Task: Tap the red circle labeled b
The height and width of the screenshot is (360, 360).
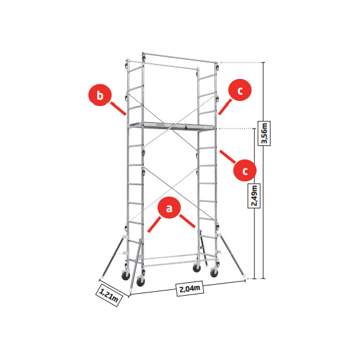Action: tap(100, 94)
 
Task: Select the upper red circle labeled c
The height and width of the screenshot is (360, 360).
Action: tap(240, 90)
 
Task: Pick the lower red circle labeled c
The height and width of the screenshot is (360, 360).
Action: tap(245, 170)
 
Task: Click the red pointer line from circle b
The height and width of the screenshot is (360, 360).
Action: tap(118, 109)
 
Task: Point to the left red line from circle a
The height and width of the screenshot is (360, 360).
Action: tap(154, 224)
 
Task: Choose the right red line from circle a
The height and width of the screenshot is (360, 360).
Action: tap(187, 221)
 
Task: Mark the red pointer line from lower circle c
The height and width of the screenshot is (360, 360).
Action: tap(228, 157)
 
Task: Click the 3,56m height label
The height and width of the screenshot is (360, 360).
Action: tap(264, 134)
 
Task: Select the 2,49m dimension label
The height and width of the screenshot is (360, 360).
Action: tap(254, 195)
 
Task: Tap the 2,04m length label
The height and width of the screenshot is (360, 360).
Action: tap(190, 288)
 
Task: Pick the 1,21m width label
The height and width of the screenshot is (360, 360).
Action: tap(109, 295)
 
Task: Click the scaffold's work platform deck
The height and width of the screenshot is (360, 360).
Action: tap(172, 126)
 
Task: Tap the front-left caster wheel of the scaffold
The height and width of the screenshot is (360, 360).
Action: tap(140, 281)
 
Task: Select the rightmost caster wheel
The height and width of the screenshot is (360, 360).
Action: tap(214, 273)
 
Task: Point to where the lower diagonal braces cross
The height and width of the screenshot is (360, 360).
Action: tap(170, 188)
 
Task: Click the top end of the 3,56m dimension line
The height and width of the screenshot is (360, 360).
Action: tap(263, 62)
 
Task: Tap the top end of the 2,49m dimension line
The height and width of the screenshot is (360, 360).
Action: tap(255, 129)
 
